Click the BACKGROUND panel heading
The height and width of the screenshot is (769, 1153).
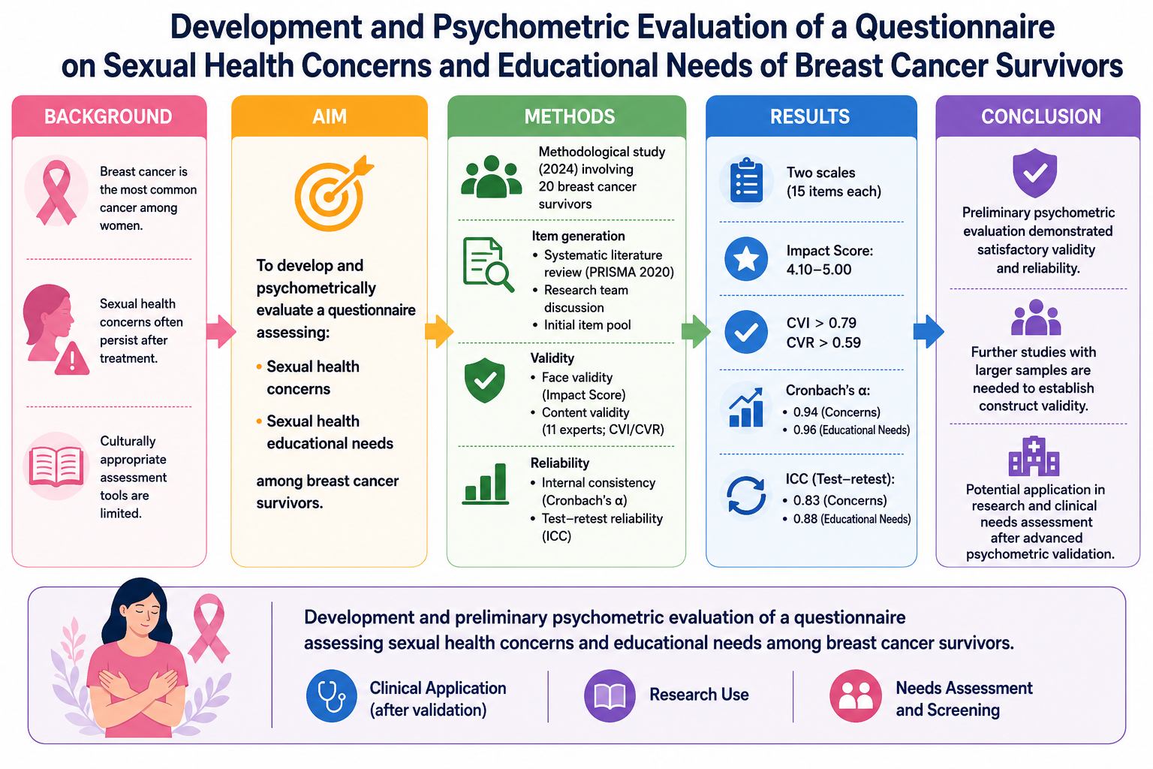click(108, 117)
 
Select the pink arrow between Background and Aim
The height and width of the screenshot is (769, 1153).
click(221, 331)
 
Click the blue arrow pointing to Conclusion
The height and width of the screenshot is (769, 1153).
click(929, 331)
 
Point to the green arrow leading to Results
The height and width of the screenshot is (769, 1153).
click(696, 331)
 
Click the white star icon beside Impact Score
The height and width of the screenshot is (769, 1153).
click(746, 259)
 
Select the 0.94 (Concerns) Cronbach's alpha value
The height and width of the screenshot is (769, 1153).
click(836, 412)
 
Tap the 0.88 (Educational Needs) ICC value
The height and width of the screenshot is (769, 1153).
click(851, 519)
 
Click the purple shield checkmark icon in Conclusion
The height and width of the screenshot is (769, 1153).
click(1034, 173)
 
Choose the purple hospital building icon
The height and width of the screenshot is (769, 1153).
click(1034, 457)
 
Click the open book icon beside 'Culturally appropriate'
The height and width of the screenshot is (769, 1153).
click(56, 466)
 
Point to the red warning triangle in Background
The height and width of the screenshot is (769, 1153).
click(72, 358)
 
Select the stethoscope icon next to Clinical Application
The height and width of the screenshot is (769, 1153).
click(332, 696)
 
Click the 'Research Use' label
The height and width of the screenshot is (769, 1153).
click(699, 695)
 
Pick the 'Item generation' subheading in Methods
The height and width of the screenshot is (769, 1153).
click(578, 236)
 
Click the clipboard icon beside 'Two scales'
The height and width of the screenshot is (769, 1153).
click(746, 180)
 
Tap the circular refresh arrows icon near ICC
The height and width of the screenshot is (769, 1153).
click(746, 496)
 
